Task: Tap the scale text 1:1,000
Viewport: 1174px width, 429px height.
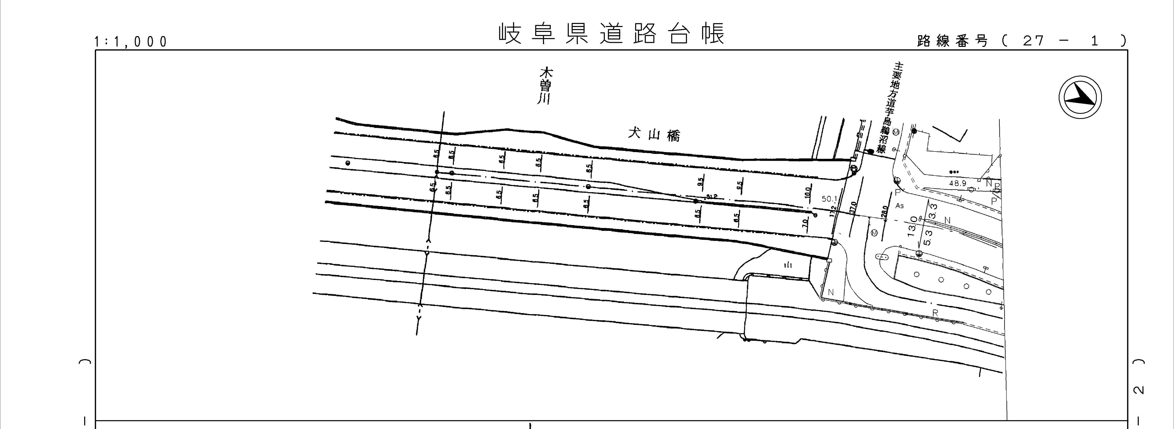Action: [x=131, y=42]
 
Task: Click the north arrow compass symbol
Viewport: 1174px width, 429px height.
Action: [x=1080, y=98]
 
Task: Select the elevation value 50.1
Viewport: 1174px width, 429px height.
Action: [x=829, y=199]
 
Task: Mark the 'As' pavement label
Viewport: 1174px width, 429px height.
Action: [x=899, y=206]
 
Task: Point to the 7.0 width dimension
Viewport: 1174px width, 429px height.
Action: [x=805, y=223]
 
